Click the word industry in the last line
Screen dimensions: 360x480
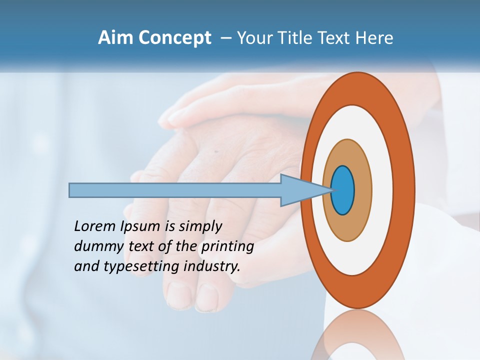click(211, 266)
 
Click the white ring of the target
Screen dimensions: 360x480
click(382, 190)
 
